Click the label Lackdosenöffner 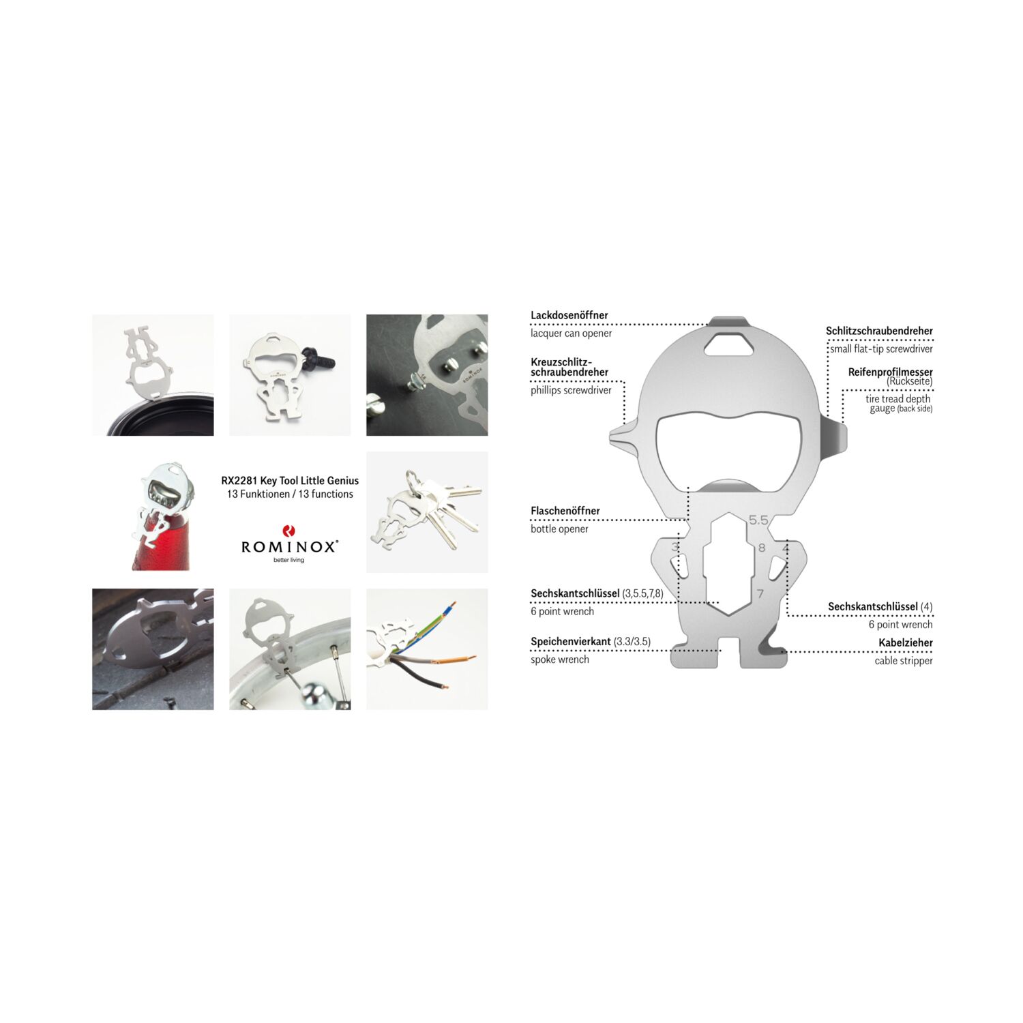pos(569,315)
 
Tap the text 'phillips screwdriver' pos(571,391)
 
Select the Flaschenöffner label pos(565,511)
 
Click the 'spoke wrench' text pos(560,659)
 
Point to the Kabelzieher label pos(905,642)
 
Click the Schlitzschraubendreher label pos(879,331)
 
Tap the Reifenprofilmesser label pos(890,372)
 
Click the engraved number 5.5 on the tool pos(758,520)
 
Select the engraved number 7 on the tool pos(760,594)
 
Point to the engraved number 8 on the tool pos(762,548)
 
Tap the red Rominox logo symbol pos(289,531)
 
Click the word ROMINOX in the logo pos(289,546)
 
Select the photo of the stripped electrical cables pos(427,649)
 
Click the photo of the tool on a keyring pos(427,512)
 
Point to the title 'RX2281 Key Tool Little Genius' pos(290,480)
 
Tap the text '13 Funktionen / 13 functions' pos(290,494)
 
